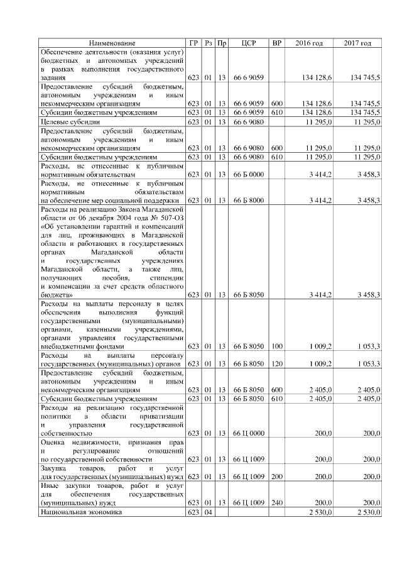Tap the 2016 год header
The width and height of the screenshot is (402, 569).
309,43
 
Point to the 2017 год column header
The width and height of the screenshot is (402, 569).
357,43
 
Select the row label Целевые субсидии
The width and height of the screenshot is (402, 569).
70,121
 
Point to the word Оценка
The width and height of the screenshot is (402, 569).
53,443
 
